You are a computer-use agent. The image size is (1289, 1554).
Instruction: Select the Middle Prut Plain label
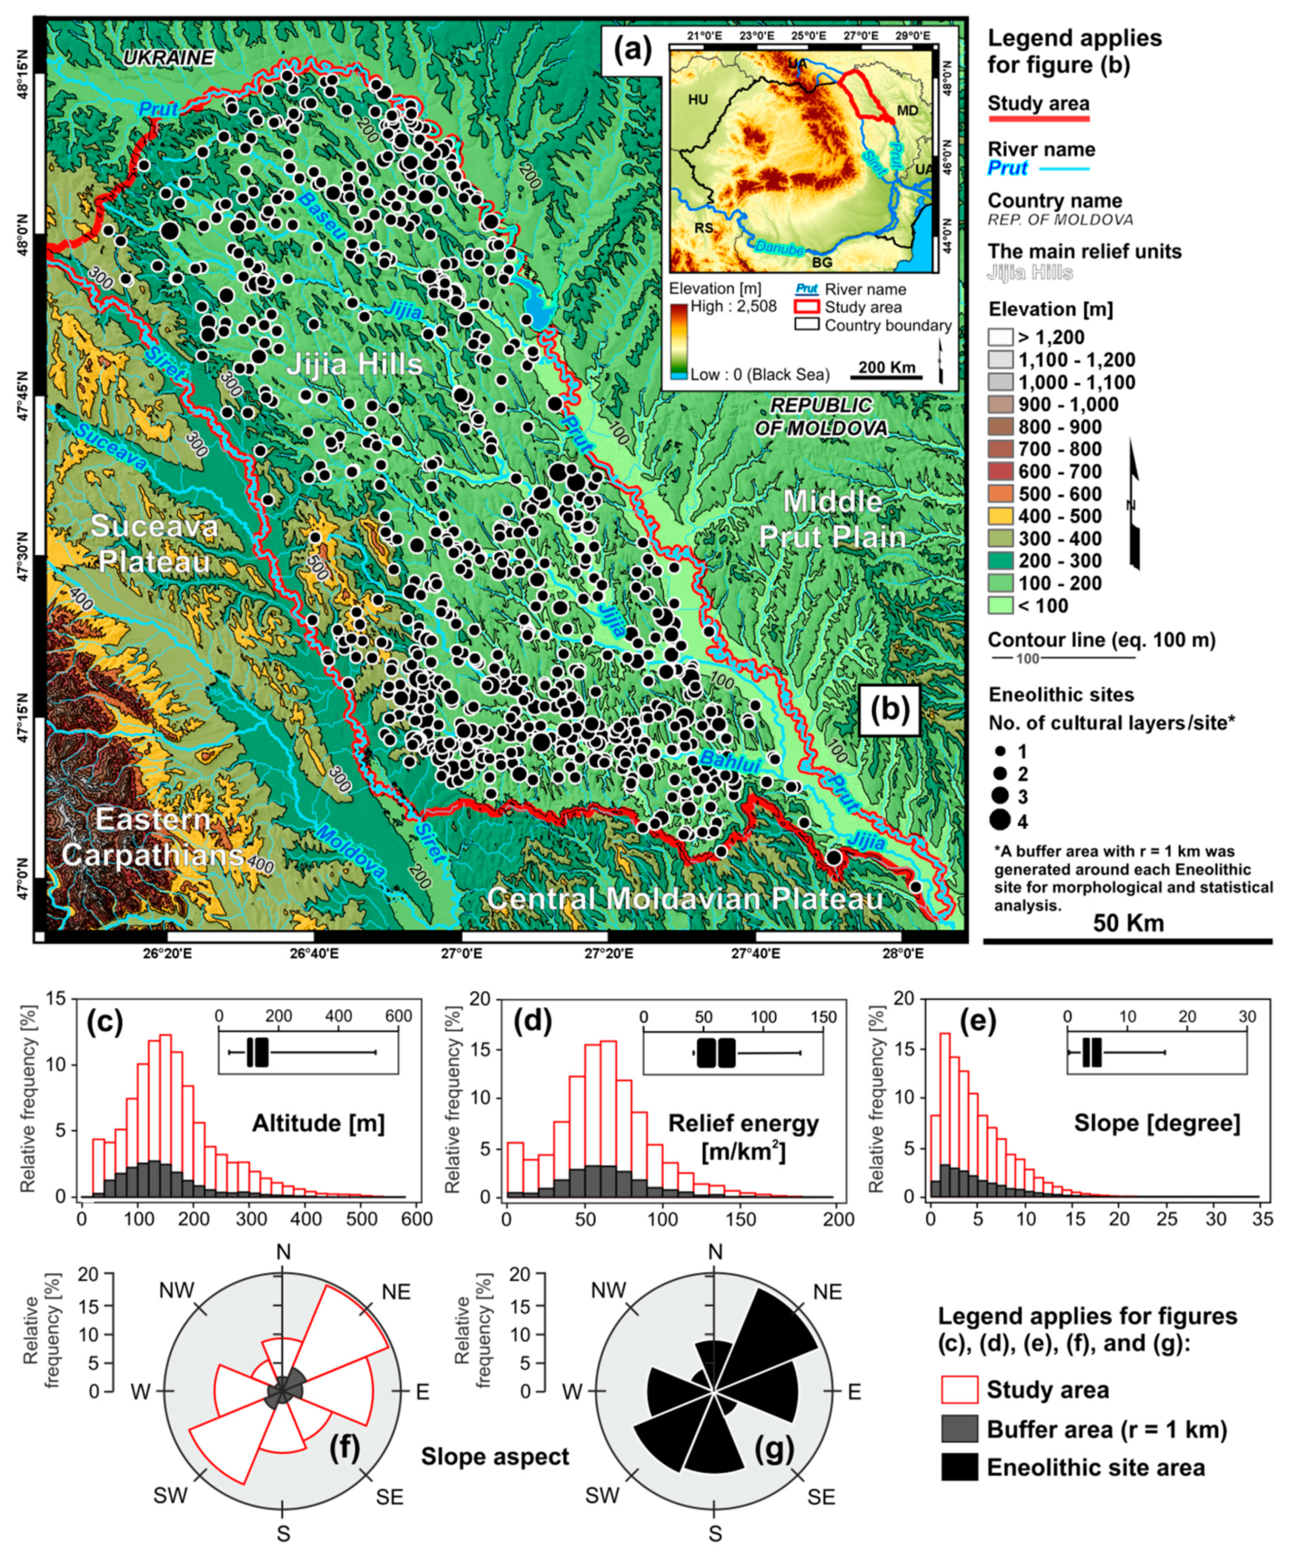pyautogui.click(x=832, y=519)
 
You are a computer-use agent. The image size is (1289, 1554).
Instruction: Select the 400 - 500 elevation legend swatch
pyautogui.click(x=1000, y=517)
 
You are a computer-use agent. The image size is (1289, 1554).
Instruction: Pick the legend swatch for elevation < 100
pyautogui.click(x=1000, y=606)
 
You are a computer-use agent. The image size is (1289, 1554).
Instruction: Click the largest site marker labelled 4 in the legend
pyautogui.click(x=1000, y=820)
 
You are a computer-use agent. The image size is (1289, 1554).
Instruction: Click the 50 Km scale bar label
pyautogui.click(x=1128, y=923)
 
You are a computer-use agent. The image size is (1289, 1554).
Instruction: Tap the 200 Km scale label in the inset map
pyautogui.click(x=886, y=367)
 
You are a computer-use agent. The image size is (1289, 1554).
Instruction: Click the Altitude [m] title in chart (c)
pyautogui.click(x=318, y=1123)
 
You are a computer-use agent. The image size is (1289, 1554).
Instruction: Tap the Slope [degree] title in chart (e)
pyautogui.click(x=1156, y=1123)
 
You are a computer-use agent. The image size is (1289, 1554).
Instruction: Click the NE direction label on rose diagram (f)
pyautogui.click(x=396, y=1292)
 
